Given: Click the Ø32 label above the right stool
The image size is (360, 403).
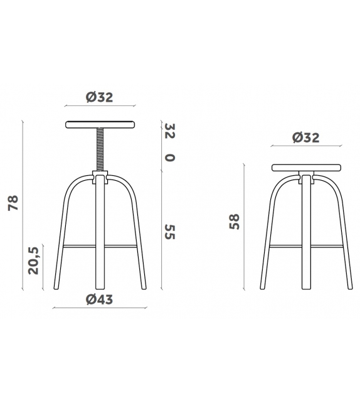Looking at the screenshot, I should tap(306, 138).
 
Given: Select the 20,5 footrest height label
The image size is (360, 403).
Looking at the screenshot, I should tap(33, 260).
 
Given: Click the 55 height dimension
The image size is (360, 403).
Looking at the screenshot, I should tap(169, 232).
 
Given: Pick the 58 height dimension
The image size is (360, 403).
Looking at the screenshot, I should tap(235, 222).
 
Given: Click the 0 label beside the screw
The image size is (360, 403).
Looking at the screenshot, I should tap(169, 156).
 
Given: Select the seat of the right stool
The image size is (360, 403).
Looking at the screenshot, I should tap(307, 168).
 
